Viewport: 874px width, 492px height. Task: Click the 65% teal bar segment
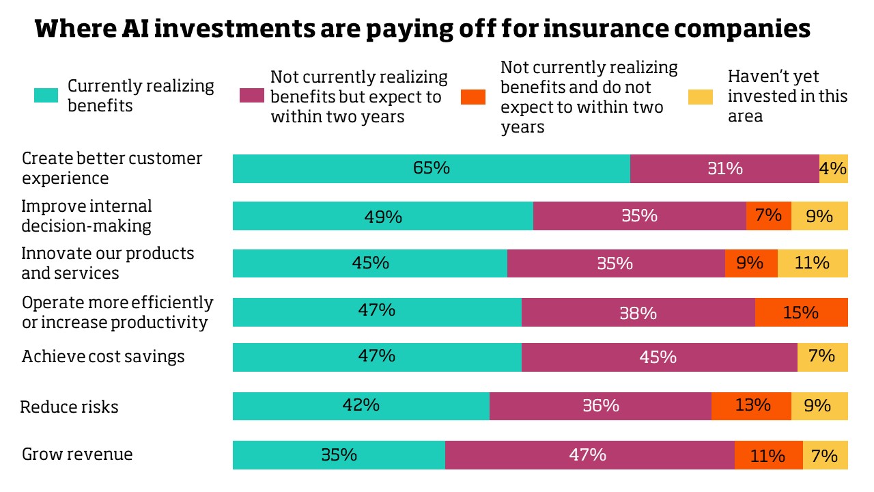coord(431,169)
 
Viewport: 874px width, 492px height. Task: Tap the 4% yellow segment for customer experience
coord(833,169)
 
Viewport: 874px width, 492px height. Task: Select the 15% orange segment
coord(801,312)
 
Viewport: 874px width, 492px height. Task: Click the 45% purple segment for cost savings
coord(659,357)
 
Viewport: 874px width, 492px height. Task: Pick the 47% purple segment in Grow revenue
coord(589,455)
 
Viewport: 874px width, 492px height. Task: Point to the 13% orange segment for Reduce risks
coord(751,406)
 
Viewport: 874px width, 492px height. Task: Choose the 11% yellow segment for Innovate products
coord(813,263)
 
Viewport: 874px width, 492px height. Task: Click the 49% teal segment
coord(382,216)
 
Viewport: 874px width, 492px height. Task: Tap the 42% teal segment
coord(361,406)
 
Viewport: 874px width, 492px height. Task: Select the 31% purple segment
coord(724,169)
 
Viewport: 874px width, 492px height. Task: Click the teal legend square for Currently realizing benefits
coord(42,96)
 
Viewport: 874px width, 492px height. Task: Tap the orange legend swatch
coord(474,97)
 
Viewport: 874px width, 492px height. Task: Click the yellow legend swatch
coord(701,97)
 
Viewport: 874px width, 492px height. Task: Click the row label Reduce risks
coord(69,407)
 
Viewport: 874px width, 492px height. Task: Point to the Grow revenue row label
coord(77,454)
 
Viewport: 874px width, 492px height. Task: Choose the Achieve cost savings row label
coord(103,357)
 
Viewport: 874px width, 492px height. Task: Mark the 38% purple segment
coord(638,312)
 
